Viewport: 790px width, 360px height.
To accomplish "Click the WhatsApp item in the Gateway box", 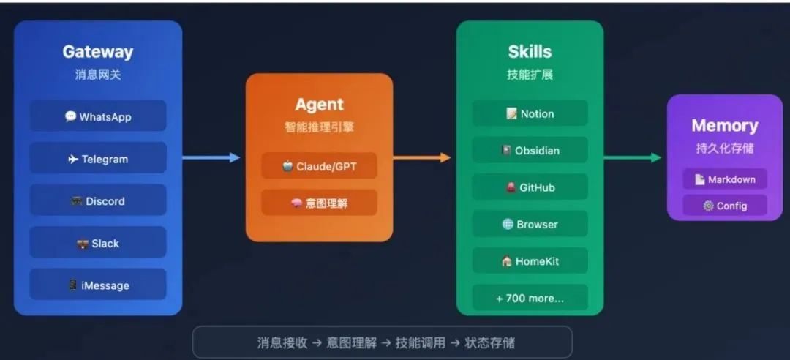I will [x=98, y=116].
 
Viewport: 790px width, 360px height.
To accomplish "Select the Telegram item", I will [x=98, y=159].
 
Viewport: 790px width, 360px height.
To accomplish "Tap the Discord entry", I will [x=98, y=201].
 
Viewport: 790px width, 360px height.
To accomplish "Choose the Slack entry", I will [x=98, y=244].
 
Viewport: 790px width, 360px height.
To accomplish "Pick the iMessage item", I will [x=98, y=285].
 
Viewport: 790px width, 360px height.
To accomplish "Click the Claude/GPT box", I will [x=320, y=166].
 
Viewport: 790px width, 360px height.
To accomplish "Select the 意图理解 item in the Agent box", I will [x=320, y=203].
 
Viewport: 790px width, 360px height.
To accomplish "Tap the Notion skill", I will [x=530, y=113].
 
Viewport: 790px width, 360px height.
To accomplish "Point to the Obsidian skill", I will [x=530, y=151].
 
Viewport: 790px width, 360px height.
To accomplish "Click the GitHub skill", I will [x=530, y=187].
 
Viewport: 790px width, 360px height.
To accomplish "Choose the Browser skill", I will [x=530, y=224].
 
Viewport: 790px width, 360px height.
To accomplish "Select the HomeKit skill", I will [x=530, y=261].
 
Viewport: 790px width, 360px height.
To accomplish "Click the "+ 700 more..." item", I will [x=530, y=298].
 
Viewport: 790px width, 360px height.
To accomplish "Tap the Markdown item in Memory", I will [x=725, y=179].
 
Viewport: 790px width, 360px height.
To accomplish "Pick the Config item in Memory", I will [x=725, y=206].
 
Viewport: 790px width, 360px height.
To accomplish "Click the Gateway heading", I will [x=98, y=52].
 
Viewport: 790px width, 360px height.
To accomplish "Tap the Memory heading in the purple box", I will [x=725, y=126].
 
